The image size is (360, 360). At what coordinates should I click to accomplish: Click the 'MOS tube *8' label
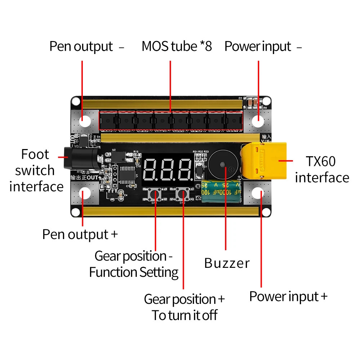(x=176, y=46)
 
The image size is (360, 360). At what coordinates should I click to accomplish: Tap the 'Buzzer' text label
(x=226, y=263)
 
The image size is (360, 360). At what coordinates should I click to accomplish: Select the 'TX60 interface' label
(x=321, y=169)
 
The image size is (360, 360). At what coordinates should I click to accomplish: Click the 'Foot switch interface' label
(x=36, y=170)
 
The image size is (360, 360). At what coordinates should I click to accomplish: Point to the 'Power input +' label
(x=288, y=297)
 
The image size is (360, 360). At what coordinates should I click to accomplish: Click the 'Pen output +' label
(x=80, y=234)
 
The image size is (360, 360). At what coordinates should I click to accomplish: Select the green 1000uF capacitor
(x=221, y=193)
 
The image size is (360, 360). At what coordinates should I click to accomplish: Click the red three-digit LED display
(x=168, y=170)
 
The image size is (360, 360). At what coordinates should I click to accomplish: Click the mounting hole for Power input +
(x=258, y=193)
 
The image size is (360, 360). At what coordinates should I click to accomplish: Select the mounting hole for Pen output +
(x=85, y=193)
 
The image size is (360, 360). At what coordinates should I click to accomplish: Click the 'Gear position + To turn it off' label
(x=184, y=307)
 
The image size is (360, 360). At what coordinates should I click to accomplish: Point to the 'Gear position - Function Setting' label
(x=134, y=264)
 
